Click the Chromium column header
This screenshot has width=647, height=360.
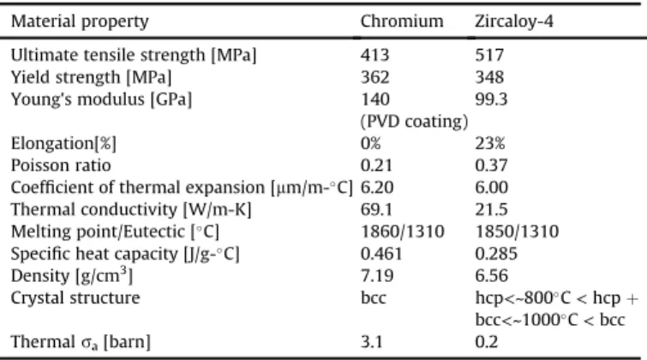(x=402, y=21)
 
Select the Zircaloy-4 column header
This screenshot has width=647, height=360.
(x=513, y=21)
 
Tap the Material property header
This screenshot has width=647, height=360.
(x=80, y=21)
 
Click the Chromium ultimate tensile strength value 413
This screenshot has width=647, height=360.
(x=374, y=55)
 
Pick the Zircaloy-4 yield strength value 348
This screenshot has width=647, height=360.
(x=489, y=77)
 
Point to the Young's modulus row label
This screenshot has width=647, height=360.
(x=101, y=99)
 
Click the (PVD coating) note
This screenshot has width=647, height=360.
(x=414, y=122)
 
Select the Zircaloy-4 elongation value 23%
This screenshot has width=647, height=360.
(x=490, y=143)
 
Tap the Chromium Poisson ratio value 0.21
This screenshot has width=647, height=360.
(x=376, y=165)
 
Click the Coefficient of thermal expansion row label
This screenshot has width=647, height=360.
(x=182, y=188)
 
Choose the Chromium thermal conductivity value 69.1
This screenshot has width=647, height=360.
(x=376, y=209)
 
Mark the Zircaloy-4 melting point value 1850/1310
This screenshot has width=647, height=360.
(x=517, y=231)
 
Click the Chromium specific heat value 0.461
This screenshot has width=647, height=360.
(x=381, y=254)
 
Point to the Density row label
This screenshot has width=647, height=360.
(x=72, y=275)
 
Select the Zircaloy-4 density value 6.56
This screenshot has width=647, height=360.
(x=491, y=275)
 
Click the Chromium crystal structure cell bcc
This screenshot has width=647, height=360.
(x=374, y=297)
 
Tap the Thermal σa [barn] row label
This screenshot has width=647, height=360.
(x=81, y=342)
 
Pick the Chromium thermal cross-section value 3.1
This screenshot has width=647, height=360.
(x=371, y=342)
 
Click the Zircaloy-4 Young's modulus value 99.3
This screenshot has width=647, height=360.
(x=491, y=99)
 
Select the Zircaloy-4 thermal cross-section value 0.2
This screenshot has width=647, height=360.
(x=487, y=342)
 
